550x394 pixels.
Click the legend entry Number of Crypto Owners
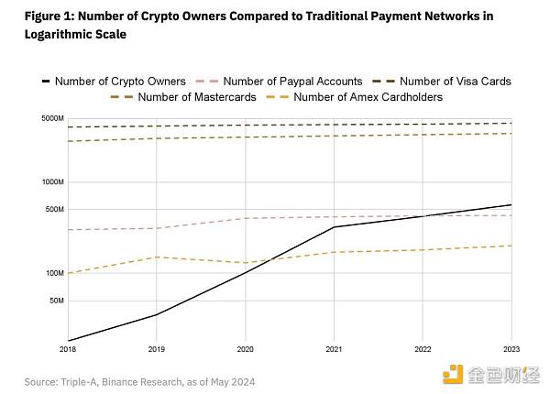(119, 81)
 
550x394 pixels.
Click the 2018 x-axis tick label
(68, 349)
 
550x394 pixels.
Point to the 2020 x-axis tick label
(245, 349)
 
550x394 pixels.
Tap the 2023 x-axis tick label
(511, 349)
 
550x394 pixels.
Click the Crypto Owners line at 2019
(157, 314)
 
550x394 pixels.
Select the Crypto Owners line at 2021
(334, 226)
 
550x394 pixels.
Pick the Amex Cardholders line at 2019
(157, 257)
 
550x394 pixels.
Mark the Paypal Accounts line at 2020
(245, 218)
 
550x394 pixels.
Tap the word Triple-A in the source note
(77, 381)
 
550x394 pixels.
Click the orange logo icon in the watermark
(453, 373)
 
